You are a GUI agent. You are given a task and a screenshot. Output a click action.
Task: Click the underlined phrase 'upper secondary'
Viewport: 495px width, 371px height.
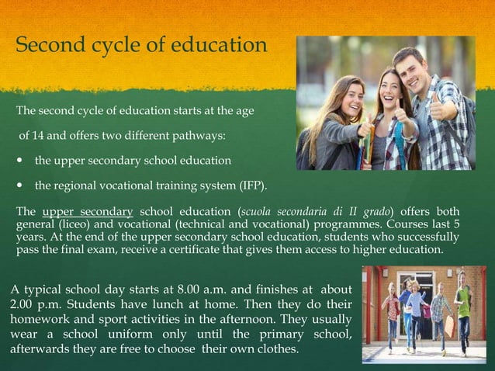[88, 212]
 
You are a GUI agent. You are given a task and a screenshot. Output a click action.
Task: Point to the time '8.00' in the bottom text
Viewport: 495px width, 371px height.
[198, 290]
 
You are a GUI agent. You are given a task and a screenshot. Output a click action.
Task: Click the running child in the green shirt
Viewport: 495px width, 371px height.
[465, 307]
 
